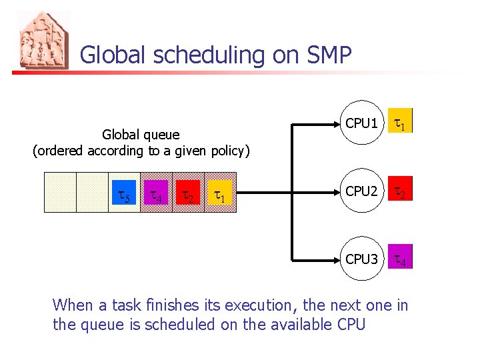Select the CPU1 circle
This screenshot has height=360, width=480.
(x=362, y=123)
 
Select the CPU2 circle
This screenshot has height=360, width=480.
(x=362, y=191)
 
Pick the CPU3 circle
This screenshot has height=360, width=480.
(x=362, y=259)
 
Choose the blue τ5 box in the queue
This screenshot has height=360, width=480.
(x=124, y=195)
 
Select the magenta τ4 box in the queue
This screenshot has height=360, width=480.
(x=156, y=195)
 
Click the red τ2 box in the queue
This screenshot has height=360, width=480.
(x=188, y=195)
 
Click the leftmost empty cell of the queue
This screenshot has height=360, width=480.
(x=60, y=192)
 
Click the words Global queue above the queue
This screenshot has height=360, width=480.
(x=141, y=135)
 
